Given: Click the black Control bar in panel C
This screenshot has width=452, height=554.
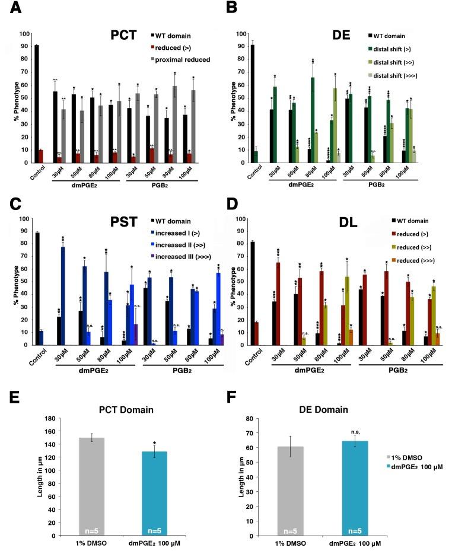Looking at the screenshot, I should (x=37, y=288).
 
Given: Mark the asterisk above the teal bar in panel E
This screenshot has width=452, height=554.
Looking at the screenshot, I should (x=154, y=443).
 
